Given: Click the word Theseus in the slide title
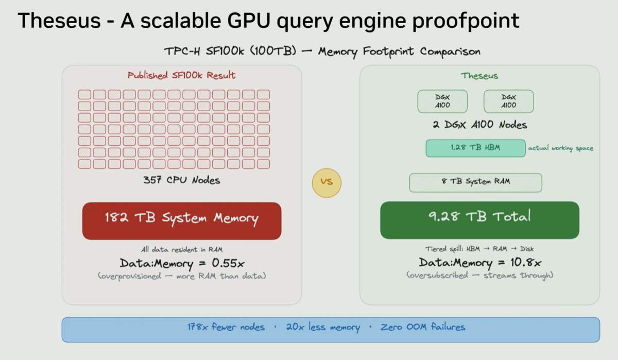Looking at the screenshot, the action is pyautogui.click(x=59, y=20).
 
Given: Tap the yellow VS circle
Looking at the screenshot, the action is pyautogui.click(x=327, y=183).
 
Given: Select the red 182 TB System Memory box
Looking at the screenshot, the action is pyautogui.click(x=182, y=221).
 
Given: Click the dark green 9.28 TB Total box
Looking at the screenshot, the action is pyautogui.click(x=479, y=220).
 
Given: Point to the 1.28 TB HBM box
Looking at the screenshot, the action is pyautogui.click(x=475, y=148).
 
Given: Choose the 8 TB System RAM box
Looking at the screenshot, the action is pyautogui.click(x=475, y=182).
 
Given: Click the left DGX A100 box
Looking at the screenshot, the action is pyautogui.click(x=442, y=101).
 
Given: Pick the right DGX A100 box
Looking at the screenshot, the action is pyautogui.click(x=508, y=101).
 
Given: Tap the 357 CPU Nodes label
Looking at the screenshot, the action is pyautogui.click(x=182, y=180).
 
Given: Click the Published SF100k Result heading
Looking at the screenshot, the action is pyautogui.click(x=181, y=75).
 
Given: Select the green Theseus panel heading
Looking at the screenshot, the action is pyautogui.click(x=479, y=76).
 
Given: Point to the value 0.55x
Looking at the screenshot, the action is pyautogui.click(x=228, y=263).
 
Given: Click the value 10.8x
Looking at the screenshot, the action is pyautogui.click(x=526, y=262).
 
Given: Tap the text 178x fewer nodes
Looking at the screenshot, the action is pyautogui.click(x=226, y=327).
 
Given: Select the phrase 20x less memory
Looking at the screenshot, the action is pyautogui.click(x=323, y=328).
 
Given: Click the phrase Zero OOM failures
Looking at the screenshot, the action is pyautogui.click(x=423, y=327).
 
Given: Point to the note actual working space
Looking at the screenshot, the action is pyautogui.click(x=561, y=148).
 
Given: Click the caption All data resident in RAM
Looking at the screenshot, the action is pyautogui.click(x=182, y=250).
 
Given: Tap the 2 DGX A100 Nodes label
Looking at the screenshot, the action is pyautogui.click(x=480, y=125).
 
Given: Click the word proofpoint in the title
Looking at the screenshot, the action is pyautogui.click(x=466, y=21).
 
